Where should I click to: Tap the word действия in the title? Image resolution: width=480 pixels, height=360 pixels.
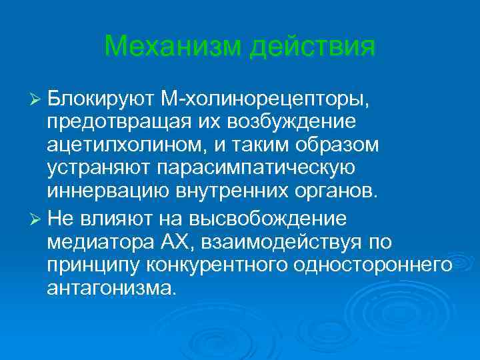tap(312, 47)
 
